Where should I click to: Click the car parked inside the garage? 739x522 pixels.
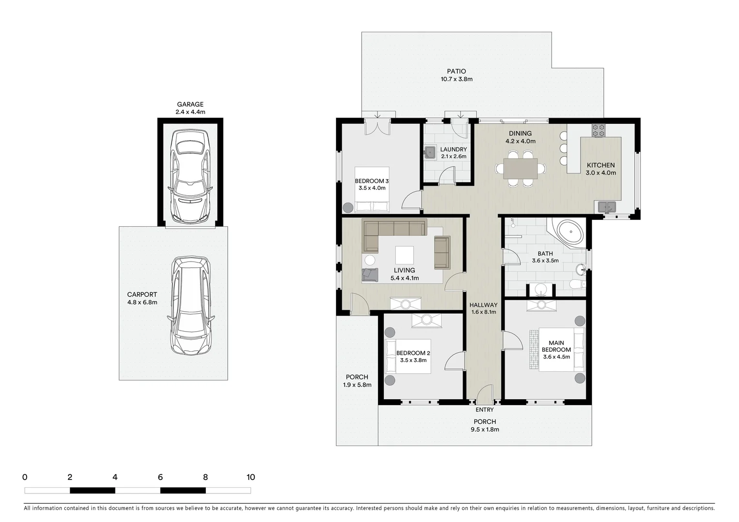point(190,176)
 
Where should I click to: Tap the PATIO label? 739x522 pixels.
point(456,72)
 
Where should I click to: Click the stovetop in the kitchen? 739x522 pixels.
point(598,130)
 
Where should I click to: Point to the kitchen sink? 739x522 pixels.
point(606,207)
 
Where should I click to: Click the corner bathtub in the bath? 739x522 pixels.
point(571,233)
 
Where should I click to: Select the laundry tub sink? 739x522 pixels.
point(430,153)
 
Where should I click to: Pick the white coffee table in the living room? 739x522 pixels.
point(404,255)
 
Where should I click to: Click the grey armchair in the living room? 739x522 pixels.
point(370,274)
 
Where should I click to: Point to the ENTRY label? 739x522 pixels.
point(484,410)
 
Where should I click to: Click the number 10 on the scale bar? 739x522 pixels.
point(250,478)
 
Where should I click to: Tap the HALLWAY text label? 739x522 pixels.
point(483,305)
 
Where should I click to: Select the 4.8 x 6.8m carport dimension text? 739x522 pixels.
point(142,303)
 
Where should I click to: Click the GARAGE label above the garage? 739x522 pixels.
point(190,104)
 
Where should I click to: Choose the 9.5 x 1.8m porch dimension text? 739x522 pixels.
point(485,429)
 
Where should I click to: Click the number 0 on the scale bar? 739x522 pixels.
point(25,478)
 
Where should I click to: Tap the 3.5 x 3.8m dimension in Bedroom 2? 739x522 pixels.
point(413,360)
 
